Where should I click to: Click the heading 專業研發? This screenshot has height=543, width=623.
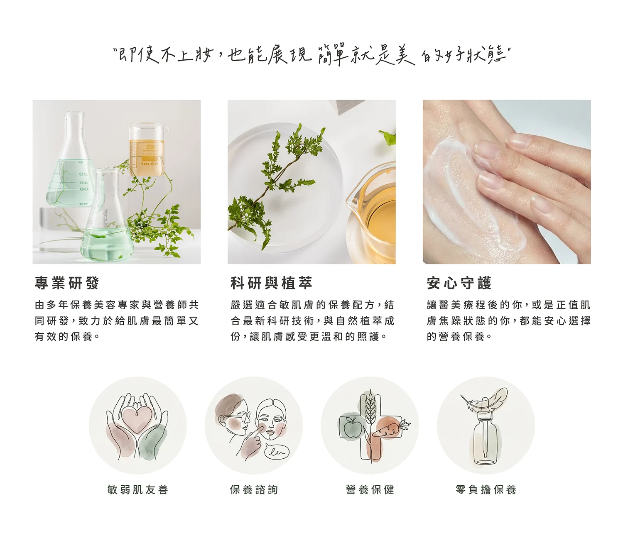[x=67, y=283]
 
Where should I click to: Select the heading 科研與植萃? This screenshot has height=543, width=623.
[x=271, y=283]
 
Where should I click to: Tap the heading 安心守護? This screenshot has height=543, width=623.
[x=459, y=283]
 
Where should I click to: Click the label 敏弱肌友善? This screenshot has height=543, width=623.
[x=137, y=489]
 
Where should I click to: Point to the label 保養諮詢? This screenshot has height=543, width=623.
[x=254, y=489]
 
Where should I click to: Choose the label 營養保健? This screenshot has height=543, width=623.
[x=370, y=489]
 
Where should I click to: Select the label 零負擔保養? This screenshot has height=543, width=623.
[x=486, y=489]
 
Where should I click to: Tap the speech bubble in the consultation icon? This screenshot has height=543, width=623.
[x=277, y=451]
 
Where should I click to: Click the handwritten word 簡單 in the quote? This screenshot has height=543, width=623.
[x=333, y=55]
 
